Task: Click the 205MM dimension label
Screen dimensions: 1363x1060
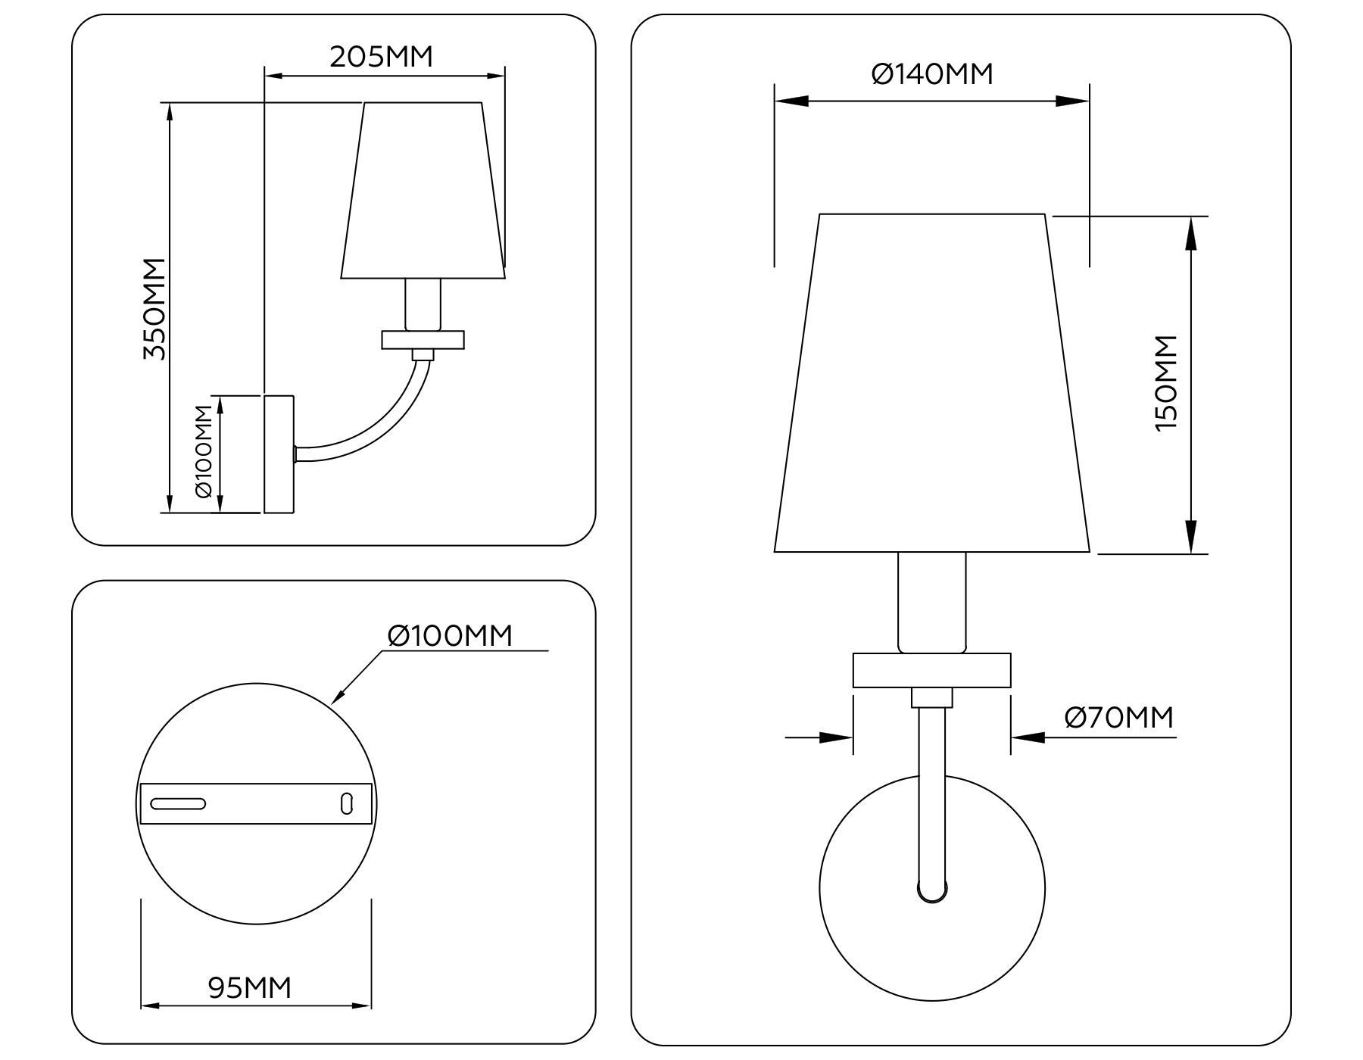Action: pyautogui.click(x=381, y=57)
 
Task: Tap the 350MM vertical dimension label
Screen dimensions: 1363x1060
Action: pyautogui.click(x=154, y=309)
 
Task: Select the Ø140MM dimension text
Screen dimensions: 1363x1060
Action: pyautogui.click(x=932, y=74)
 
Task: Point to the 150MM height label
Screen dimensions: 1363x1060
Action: pyautogui.click(x=1166, y=383)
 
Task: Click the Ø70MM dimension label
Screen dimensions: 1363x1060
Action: pyautogui.click(x=1118, y=717)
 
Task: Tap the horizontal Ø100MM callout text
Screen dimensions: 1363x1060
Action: pyautogui.click(x=450, y=636)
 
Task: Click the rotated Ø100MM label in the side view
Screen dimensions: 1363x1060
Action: pyautogui.click(x=204, y=451)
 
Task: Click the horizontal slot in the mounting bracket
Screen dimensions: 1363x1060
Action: pyautogui.click(x=178, y=803)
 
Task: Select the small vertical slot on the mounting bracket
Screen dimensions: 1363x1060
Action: pyautogui.click(x=347, y=803)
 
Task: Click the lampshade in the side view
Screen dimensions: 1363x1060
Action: pyautogui.click(x=423, y=190)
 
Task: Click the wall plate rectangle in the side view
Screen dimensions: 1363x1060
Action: pyautogui.click(x=279, y=454)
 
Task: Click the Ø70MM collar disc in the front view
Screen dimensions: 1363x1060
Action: pyautogui.click(x=932, y=670)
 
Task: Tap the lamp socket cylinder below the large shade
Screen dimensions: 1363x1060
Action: pyautogui.click(x=932, y=603)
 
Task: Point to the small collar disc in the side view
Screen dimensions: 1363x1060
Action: pyautogui.click(x=423, y=340)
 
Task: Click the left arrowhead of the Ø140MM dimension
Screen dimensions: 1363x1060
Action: pyautogui.click(x=791, y=101)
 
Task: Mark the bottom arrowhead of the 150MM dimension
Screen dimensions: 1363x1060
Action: pyautogui.click(x=1191, y=537)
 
